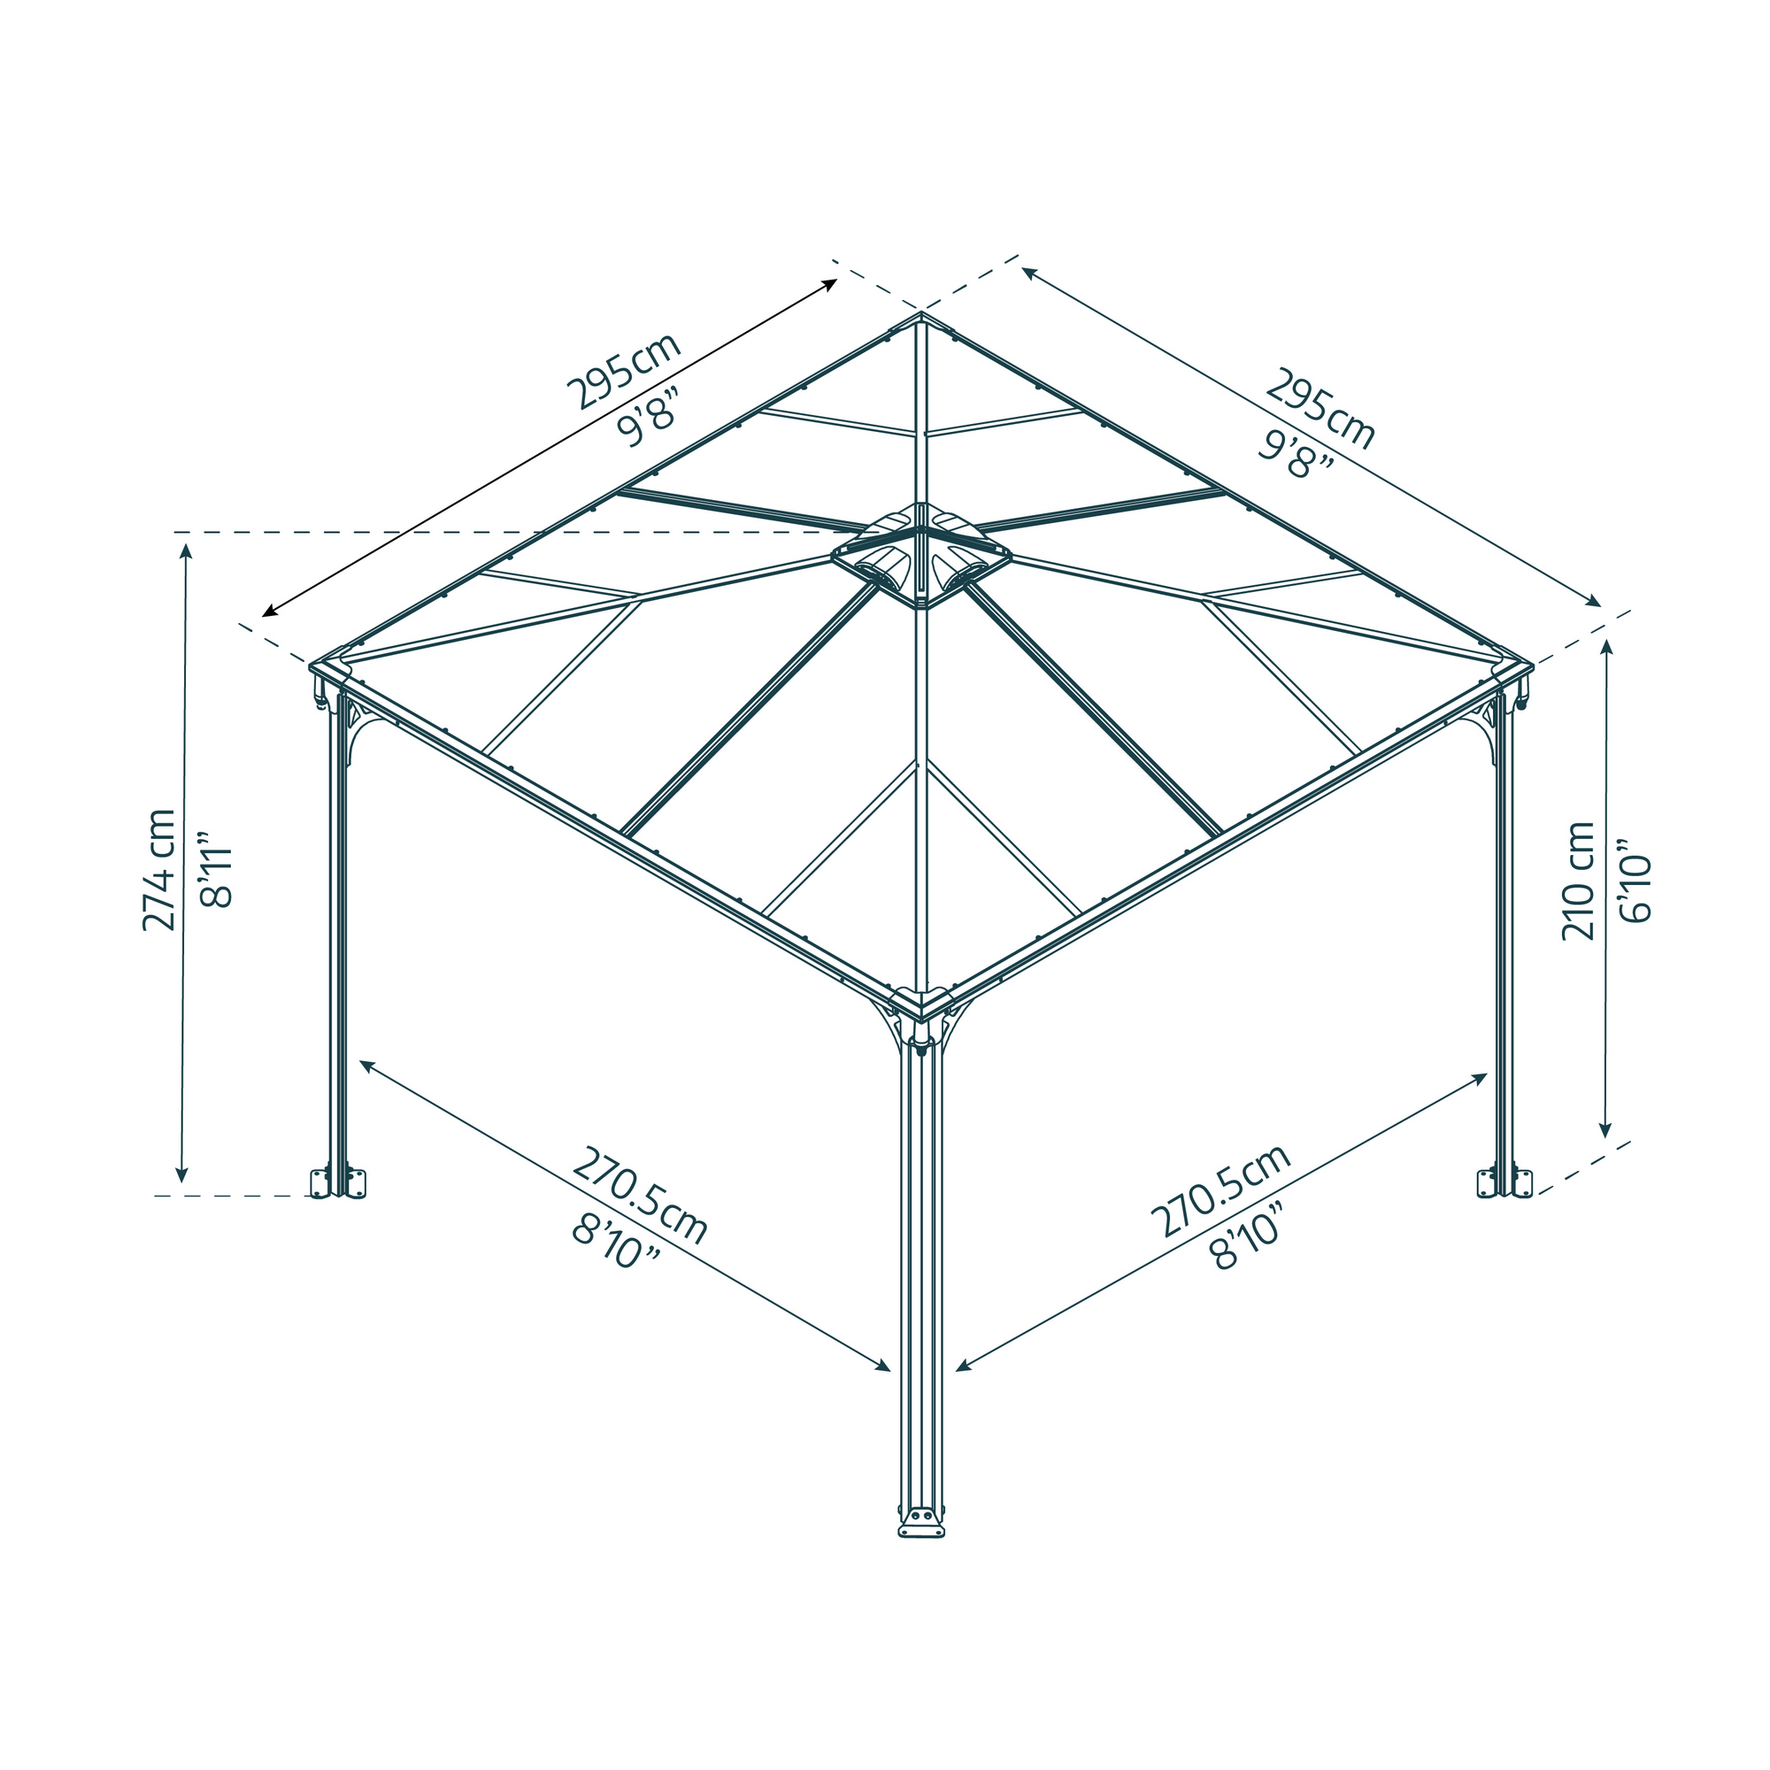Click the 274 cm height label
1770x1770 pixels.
pyautogui.click(x=159, y=870)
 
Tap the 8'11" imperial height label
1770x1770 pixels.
pyautogui.click(x=217, y=870)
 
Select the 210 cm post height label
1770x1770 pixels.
pyautogui.click(x=1579, y=881)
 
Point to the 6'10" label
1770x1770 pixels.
pyautogui.click(x=1635, y=881)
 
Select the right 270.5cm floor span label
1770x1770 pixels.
pyautogui.click(x=1221, y=1190)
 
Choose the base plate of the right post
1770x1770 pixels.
pyautogui.click(x=1505, y=1182)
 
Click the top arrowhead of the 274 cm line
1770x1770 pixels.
pyautogui.click(x=186, y=550)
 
